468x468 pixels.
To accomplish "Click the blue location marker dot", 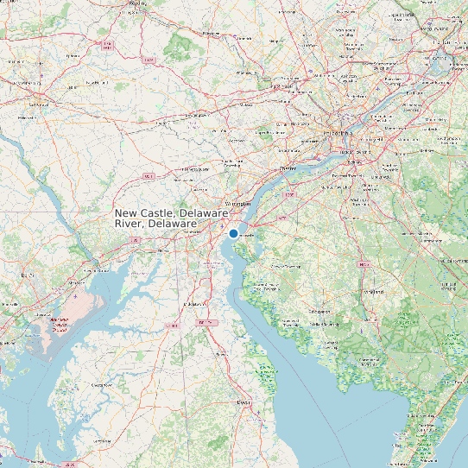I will (233, 233).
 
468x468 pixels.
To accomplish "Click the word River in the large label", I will (130, 224).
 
